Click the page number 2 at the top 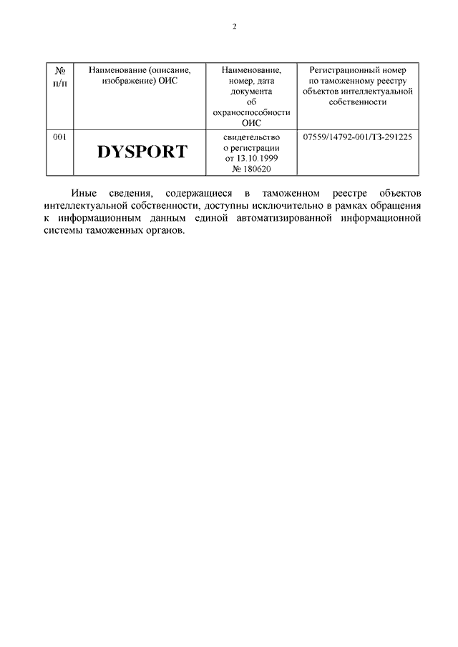coord(234,26)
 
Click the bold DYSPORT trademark coord(142,152)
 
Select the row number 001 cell coord(61,136)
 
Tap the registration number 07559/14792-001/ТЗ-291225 coord(358,136)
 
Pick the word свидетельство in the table coord(250,136)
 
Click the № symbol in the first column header coord(61,71)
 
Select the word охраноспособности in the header coord(250,112)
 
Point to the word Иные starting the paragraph coord(84,194)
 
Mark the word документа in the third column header coord(250,92)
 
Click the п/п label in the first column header coord(61,82)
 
